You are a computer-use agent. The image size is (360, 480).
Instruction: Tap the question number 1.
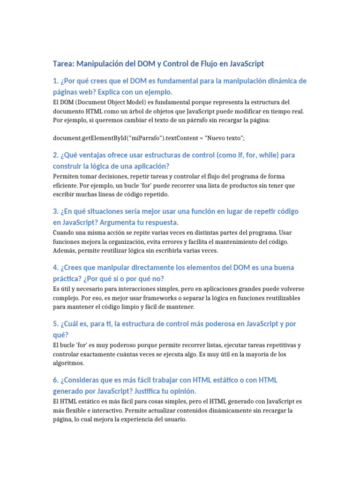(55, 81)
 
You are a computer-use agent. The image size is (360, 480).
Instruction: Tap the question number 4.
(55, 268)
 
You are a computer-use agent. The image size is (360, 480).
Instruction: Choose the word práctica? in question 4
(68, 278)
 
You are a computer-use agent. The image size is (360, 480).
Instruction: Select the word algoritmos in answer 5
(68, 363)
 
